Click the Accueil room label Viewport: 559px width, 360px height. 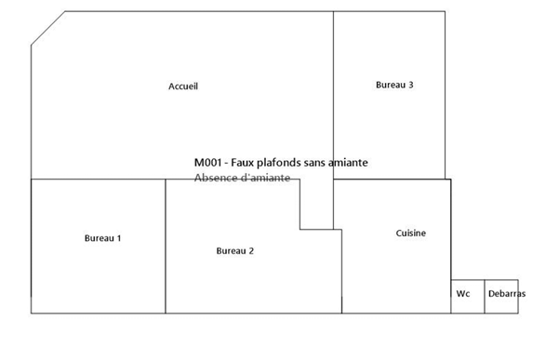(x=183, y=87)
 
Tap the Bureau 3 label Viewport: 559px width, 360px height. (x=394, y=85)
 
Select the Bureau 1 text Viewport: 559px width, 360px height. (x=102, y=238)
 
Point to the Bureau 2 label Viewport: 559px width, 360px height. (x=235, y=251)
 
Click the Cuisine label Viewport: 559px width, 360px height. (x=411, y=233)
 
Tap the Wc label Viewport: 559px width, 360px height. (x=463, y=294)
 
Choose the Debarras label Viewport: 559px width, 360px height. (x=507, y=294)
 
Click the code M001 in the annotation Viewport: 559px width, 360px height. (x=207, y=163)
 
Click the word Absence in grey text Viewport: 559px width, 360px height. (x=216, y=178)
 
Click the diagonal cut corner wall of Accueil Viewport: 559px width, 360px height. (x=48, y=28)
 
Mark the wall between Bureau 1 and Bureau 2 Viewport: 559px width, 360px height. (x=166, y=247)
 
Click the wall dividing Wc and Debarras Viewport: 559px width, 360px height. (x=485, y=297)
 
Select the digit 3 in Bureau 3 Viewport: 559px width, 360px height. (x=411, y=85)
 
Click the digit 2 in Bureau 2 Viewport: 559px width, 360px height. (x=251, y=251)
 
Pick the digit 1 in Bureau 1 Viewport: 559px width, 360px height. (x=119, y=238)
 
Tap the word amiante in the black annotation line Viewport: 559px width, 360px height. (x=348, y=163)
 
